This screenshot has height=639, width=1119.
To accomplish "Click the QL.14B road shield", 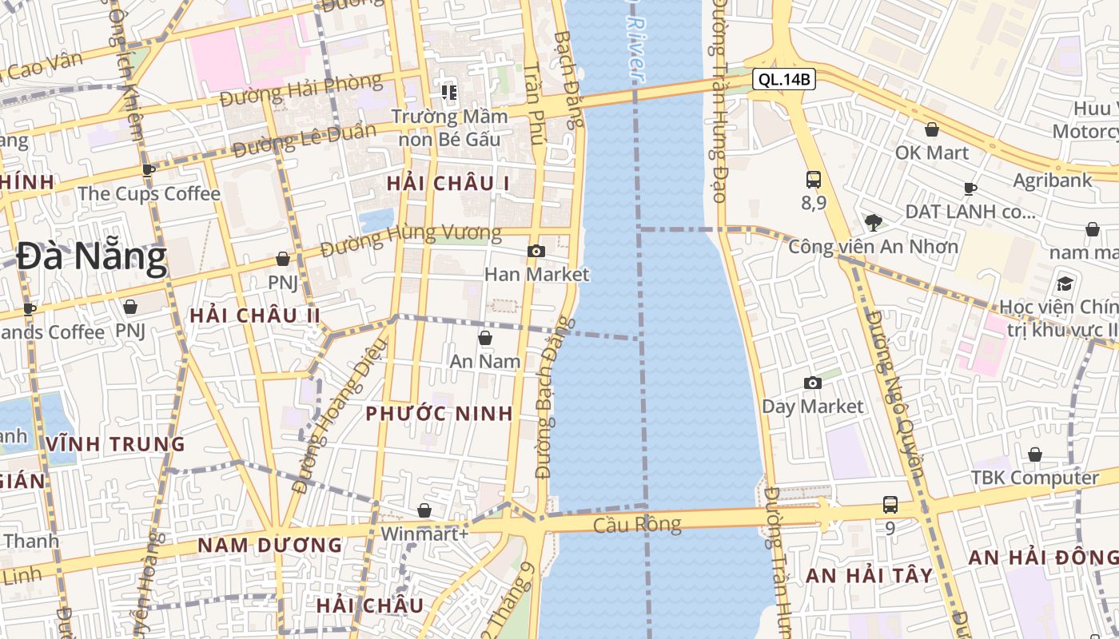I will [x=783, y=79].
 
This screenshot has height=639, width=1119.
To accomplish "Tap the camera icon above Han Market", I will [x=536, y=252].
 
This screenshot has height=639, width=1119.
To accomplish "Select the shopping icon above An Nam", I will [x=484, y=339].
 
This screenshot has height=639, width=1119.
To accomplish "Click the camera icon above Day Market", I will [x=812, y=383].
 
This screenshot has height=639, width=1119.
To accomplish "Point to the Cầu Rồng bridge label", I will [x=637, y=525].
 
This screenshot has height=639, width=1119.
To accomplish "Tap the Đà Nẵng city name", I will [x=92, y=258].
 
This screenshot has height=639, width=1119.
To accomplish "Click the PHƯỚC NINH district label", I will [x=439, y=414].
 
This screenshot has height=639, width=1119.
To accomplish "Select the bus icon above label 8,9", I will [x=814, y=180].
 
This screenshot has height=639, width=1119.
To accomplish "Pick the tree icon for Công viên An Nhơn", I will [x=873, y=222].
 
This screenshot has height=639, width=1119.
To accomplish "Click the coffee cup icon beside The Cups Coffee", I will [x=149, y=170].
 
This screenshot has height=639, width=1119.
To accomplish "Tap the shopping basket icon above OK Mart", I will [x=931, y=129].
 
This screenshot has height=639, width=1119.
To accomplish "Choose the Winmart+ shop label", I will [x=424, y=533].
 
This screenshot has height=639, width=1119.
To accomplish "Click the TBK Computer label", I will [x=1034, y=478].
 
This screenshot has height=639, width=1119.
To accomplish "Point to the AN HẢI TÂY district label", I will [x=869, y=575].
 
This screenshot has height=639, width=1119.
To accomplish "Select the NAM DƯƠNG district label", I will [x=269, y=546].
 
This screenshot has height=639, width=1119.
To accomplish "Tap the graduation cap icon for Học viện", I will [x=1065, y=284].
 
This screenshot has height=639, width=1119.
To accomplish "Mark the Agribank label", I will [x=1052, y=181].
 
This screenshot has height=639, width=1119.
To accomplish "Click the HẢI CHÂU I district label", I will [x=448, y=183].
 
